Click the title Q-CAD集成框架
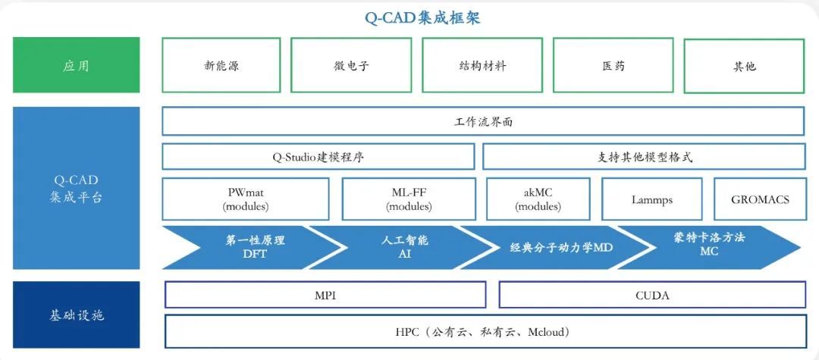coord(422,17)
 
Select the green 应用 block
coord(76,65)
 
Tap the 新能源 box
coord(221,65)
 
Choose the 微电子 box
coord(351,65)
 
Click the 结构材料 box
coord(482,65)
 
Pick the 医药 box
coord(613,65)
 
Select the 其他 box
coord(744,65)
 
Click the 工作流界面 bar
coord(483,121)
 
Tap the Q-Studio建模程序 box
coord(318,157)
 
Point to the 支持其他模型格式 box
coord(644,157)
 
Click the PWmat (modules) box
coord(246,199)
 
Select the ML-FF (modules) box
coord(409,199)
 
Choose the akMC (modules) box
coord(538,199)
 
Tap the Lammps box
coord(651,199)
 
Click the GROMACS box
coord(759,199)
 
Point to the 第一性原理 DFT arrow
coord(254,246)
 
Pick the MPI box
coord(325,296)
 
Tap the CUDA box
coord(652,296)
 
